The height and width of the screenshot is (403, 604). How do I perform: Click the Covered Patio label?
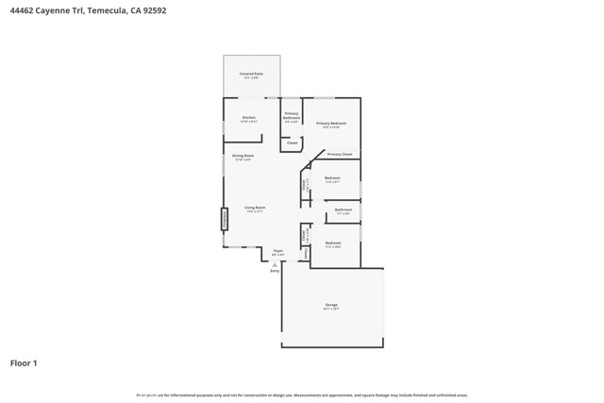(x=250, y=74)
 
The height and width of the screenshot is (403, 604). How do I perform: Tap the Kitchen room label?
(x=248, y=118)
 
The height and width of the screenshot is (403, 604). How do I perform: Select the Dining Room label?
(x=243, y=156)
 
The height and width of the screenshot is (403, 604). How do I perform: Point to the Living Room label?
(x=255, y=207)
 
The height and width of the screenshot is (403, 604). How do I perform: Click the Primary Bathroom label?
(x=292, y=115)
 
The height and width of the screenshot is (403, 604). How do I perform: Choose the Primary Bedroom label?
(x=331, y=124)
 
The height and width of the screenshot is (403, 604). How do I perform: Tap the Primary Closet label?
(x=340, y=154)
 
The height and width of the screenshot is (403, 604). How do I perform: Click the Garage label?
(x=331, y=305)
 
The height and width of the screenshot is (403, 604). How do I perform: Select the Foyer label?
(x=277, y=252)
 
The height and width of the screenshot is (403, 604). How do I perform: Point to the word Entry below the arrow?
(x=275, y=271)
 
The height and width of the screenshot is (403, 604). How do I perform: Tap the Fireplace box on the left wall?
(x=225, y=219)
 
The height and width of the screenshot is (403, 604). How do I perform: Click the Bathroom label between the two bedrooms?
(x=343, y=210)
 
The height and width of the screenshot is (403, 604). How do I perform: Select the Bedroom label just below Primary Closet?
(x=332, y=177)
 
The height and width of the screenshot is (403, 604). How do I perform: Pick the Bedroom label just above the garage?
(x=332, y=243)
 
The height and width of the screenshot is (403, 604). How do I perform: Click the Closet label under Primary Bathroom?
(x=292, y=143)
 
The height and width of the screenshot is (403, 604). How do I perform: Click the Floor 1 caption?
(x=24, y=362)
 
